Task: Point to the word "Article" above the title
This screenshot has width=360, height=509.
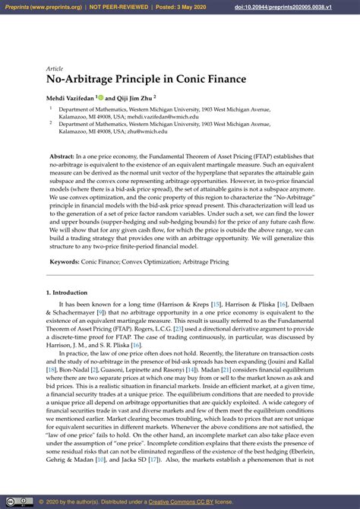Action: tap(55, 68)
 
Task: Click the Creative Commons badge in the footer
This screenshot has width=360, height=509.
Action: tap(18, 502)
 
